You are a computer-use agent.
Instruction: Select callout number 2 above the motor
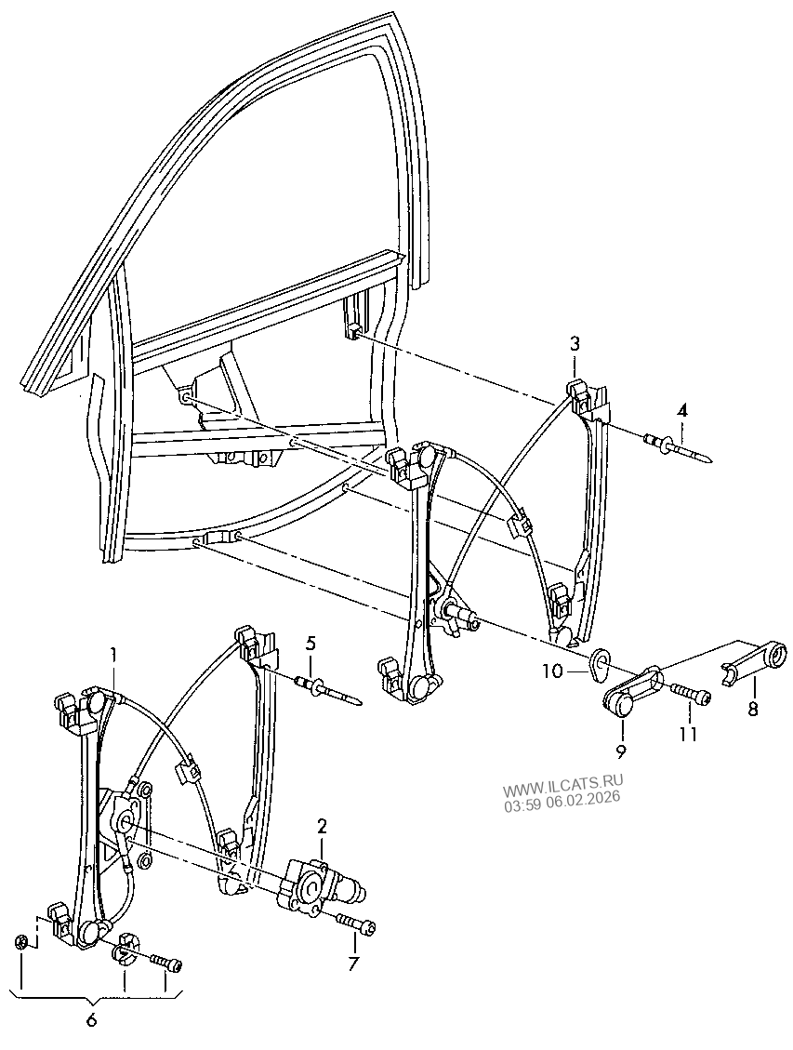click(x=322, y=826)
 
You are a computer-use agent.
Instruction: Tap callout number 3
click(x=575, y=344)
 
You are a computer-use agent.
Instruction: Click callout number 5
click(x=311, y=643)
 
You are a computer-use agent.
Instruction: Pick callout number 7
click(x=352, y=964)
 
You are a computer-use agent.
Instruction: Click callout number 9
click(x=620, y=751)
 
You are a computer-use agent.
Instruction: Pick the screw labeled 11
click(x=687, y=694)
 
